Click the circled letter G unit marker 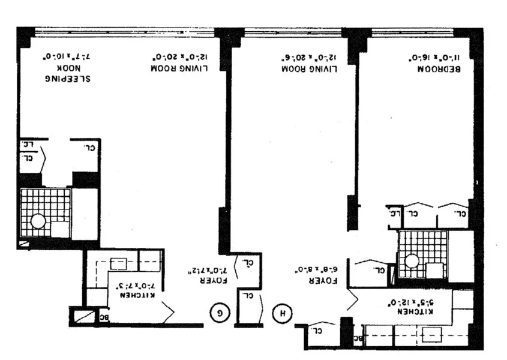[220, 312]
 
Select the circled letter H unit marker [280, 312]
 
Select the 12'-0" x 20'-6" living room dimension [309, 58]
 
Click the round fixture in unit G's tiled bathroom [38, 221]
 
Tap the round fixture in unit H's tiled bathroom [412, 261]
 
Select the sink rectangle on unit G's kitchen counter [119, 263]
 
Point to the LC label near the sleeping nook [28, 145]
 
